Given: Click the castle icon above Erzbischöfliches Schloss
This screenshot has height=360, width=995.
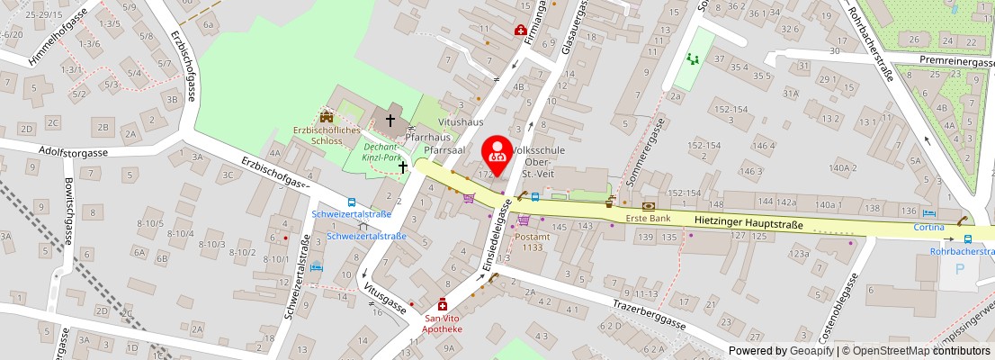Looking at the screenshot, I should tap(326, 116).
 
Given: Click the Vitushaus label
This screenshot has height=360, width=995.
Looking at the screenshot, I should tap(460, 121).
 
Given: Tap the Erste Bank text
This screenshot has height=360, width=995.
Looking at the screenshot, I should tap(649, 219).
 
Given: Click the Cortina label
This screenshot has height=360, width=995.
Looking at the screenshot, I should tap(930, 227).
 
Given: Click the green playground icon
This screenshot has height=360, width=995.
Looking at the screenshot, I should tap(692, 59).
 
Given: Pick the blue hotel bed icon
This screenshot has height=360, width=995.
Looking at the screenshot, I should tap(315, 267).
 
